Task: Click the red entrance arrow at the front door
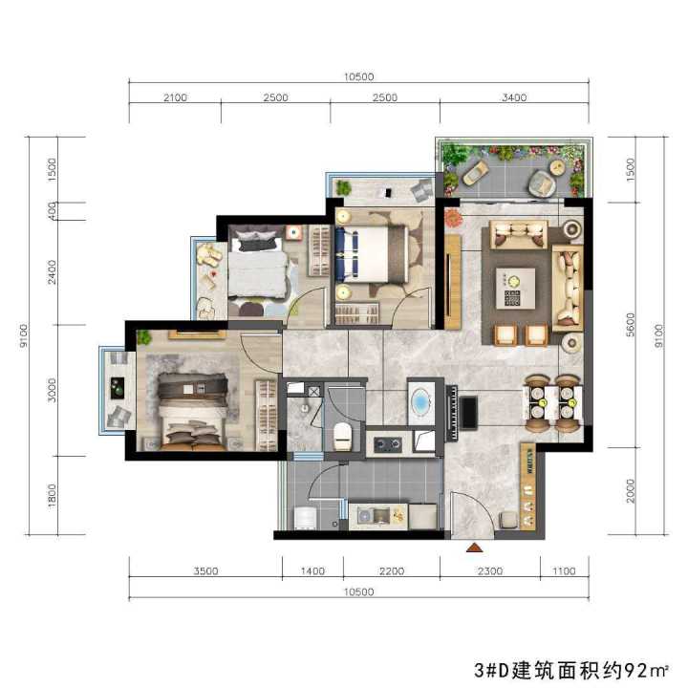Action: click(x=473, y=548)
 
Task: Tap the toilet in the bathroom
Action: click(x=342, y=436)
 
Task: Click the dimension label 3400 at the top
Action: click(x=514, y=97)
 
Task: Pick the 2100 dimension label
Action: click(x=175, y=97)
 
